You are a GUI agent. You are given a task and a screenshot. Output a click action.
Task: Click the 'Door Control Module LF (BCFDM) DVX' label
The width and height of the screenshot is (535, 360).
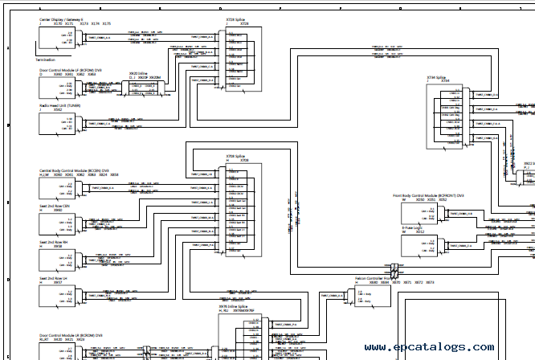(x=71, y=70)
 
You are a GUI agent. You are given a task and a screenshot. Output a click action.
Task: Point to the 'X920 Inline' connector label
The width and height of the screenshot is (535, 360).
(x=139, y=73)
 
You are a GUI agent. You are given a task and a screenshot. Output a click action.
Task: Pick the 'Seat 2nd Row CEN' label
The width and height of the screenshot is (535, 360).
(x=55, y=205)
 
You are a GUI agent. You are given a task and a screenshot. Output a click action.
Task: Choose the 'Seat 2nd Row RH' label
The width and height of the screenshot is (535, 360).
(x=54, y=241)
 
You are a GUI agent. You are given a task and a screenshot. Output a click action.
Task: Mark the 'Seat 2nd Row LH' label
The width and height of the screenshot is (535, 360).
(x=54, y=277)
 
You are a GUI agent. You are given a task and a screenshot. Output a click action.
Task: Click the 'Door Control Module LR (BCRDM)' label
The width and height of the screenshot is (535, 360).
(x=71, y=335)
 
